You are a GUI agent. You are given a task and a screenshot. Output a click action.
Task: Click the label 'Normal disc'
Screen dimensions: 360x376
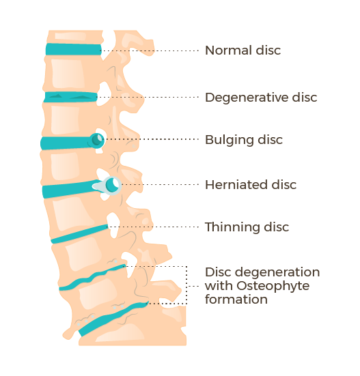point(243,50)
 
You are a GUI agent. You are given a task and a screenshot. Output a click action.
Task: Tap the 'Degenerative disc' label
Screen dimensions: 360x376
point(261,98)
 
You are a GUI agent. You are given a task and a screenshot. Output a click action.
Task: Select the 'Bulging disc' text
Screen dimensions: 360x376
point(244,140)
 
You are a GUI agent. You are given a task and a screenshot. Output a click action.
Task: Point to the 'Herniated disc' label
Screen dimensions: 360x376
point(251,185)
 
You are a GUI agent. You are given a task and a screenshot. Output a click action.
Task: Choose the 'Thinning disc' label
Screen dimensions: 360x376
point(247,227)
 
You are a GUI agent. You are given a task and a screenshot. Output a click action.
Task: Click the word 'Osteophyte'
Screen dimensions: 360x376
point(273,286)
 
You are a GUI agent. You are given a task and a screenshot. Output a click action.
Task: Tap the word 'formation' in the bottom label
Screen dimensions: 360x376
point(236,300)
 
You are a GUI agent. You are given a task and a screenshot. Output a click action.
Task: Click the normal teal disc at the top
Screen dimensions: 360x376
point(74,49)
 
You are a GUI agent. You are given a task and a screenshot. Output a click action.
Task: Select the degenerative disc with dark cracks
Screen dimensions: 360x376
point(70,97)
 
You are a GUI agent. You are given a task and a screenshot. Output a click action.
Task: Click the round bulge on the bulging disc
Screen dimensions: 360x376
point(98,140)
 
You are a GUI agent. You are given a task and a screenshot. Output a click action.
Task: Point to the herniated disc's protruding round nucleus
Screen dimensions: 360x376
point(112,185)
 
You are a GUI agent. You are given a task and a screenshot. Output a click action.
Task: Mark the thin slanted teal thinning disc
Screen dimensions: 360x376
point(80,234)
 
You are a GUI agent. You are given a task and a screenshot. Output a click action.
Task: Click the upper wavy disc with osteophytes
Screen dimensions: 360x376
point(92,278)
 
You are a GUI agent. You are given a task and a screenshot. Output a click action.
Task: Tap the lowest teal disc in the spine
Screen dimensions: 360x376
point(113,319)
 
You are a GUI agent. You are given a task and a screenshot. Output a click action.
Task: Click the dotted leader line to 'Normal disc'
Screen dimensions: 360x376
point(150,50)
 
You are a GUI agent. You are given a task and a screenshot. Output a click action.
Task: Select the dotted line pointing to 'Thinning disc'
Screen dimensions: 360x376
point(153,227)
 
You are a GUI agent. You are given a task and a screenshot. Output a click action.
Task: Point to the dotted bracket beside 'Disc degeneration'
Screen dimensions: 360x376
point(186,285)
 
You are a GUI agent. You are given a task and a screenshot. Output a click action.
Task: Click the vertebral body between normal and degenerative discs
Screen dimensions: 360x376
point(70,74)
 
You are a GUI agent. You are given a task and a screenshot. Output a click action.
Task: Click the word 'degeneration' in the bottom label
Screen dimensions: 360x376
point(277,273)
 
